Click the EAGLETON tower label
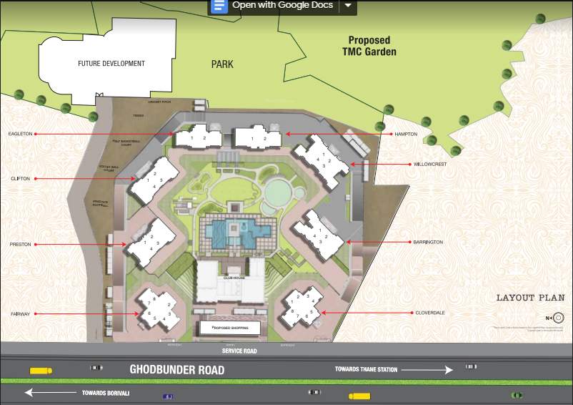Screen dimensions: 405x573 point(21,134)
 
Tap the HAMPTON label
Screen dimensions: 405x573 point(405,134)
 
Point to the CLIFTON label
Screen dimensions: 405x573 point(21,178)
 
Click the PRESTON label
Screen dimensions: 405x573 point(21,245)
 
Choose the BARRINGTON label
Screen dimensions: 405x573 point(428,243)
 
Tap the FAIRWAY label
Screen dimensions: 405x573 point(21,313)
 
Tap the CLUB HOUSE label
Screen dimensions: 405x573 point(234,276)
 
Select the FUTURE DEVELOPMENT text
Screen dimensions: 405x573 point(111,64)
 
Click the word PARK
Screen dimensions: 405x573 point(222,64)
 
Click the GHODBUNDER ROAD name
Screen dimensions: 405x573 point(176,370)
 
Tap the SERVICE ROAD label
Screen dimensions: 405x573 point(238,351)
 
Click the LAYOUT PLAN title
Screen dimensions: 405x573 point(530,298)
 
